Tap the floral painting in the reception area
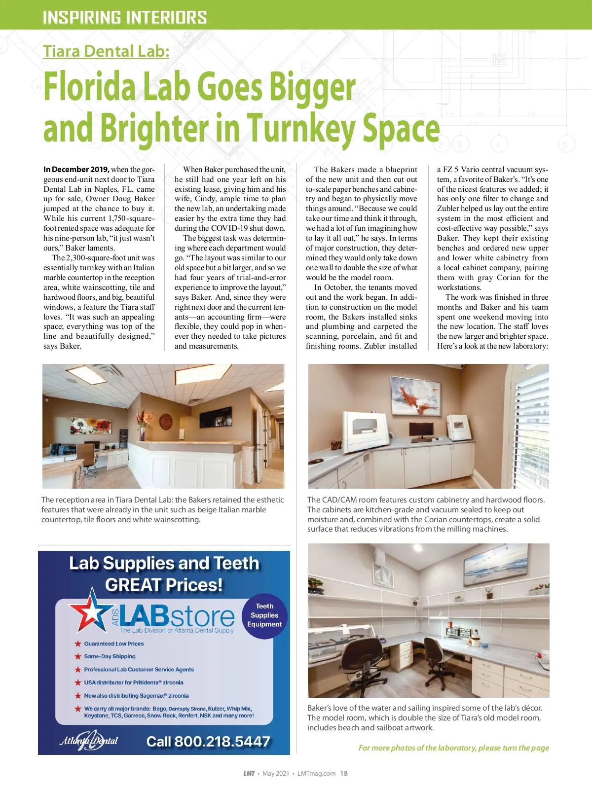click(91, 425)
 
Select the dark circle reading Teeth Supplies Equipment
click(264, 615)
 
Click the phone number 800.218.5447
click(208, 741)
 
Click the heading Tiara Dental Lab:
click(106, 51)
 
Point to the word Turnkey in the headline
click(301, 128)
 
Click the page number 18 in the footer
click(344, 773)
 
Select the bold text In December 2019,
click(76, 169)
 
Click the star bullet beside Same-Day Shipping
click(77, 656)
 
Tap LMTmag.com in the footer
click(316, 773)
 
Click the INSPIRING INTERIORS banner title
click(125, 18)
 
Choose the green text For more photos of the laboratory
click(453, 748)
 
